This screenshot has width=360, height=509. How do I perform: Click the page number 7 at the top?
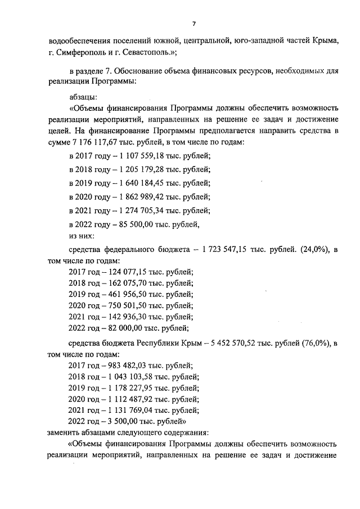coord(193,24)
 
